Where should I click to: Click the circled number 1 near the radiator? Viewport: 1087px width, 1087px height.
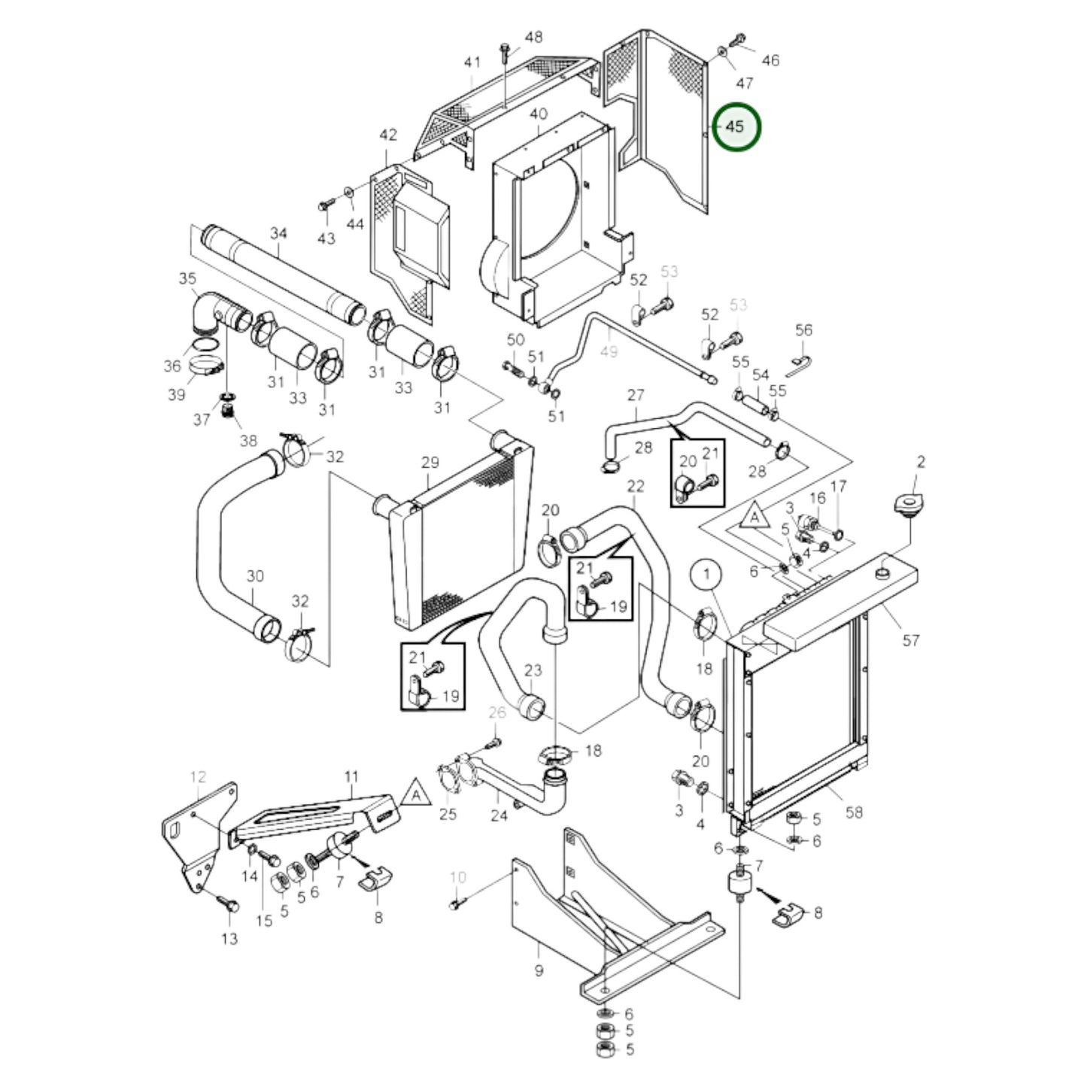click(x=706, y=575)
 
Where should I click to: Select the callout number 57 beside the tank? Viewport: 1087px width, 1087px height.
click(x=911, y=640)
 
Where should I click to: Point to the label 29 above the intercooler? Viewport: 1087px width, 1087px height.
click(x=430, y=462)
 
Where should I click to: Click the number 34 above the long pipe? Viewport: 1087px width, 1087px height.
click(x=278, y=234)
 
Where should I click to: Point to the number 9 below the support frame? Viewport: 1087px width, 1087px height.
click(x=539, y=970)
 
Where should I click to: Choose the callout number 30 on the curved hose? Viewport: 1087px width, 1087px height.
click(x=255, y=576)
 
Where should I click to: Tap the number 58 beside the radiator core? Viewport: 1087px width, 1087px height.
click(x=854, y=812)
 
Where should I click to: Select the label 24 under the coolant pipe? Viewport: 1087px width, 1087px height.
click(x=499, y=815)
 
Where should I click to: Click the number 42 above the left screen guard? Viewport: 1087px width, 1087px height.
click(x=387, y=135)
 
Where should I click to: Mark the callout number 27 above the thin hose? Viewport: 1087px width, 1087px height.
click(x=636, y=395)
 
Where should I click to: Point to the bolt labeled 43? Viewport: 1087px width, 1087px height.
click(x=326, y=204)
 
